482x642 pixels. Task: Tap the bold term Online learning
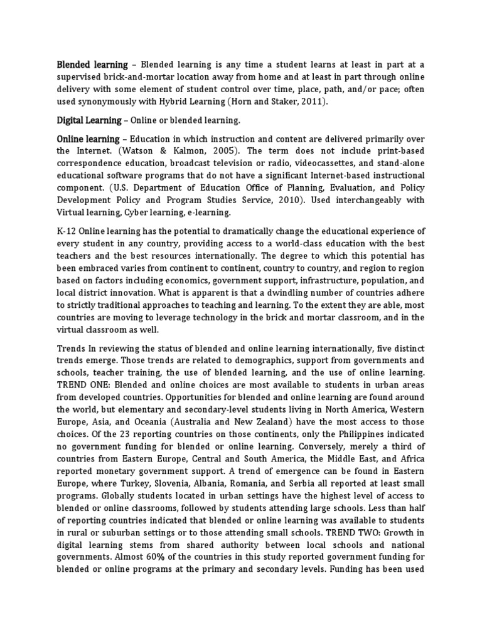(x=88, y=139)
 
